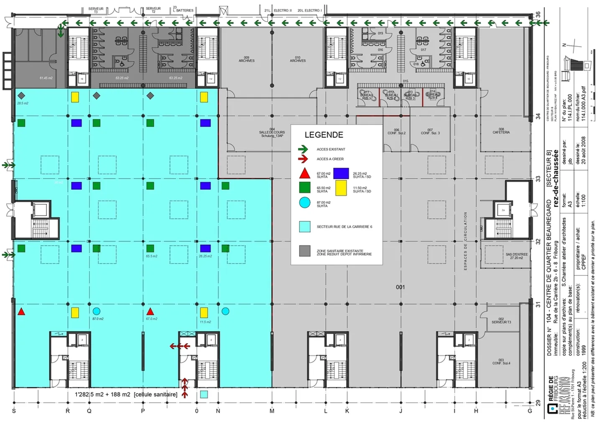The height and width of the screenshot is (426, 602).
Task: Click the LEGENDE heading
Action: pos(324,135)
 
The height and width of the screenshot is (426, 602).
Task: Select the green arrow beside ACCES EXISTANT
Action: pos(303,149)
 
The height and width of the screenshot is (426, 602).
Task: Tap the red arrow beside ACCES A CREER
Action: pos(303,159)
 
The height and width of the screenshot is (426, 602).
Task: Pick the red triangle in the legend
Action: pos(305,173)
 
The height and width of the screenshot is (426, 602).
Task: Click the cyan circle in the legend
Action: pos(305,203)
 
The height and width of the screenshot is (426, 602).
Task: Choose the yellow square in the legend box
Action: pos(341,188)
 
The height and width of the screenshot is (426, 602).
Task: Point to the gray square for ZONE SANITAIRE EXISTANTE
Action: pos(305,251)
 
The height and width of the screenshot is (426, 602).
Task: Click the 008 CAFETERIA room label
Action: pos(501,131)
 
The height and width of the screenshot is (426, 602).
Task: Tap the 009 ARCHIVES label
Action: pos(247,59)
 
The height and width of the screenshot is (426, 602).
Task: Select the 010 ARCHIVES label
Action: pos(298,59)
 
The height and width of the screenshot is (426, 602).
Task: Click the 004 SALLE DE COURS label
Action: pos(272,133)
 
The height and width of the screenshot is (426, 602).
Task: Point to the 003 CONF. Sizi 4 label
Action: pos(501,362)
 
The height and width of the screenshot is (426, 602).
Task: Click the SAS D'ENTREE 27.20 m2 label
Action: pos(516,256)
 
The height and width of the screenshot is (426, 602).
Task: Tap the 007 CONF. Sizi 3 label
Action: pos(430,131)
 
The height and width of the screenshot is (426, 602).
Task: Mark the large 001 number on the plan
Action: pos(400,287)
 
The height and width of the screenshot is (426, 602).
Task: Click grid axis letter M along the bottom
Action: pos(272,411)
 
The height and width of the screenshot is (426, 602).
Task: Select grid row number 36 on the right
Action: pos(538,14)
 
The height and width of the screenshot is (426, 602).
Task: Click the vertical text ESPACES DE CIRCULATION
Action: pos(465,241)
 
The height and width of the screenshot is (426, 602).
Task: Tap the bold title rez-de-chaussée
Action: pos(556,178)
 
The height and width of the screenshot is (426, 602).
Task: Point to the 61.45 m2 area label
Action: pos(46,78)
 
